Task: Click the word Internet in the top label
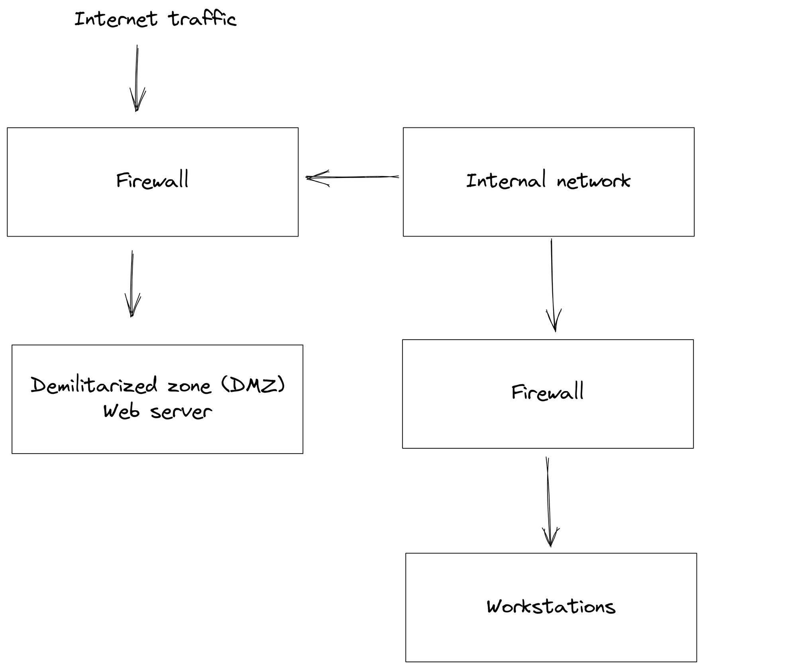116,19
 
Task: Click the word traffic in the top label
202,19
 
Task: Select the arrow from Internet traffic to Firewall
137,78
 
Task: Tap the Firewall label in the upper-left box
152,180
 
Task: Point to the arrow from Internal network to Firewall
352,177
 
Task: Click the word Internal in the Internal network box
506,180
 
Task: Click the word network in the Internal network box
593,181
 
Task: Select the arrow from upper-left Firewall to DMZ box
132,284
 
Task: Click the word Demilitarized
94,385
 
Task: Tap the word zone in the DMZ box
188,386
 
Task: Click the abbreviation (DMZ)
253,385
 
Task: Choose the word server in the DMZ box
181,411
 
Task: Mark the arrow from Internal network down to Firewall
553,285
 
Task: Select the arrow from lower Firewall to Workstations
549,502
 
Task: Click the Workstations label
551,606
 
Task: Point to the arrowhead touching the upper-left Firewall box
318,178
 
